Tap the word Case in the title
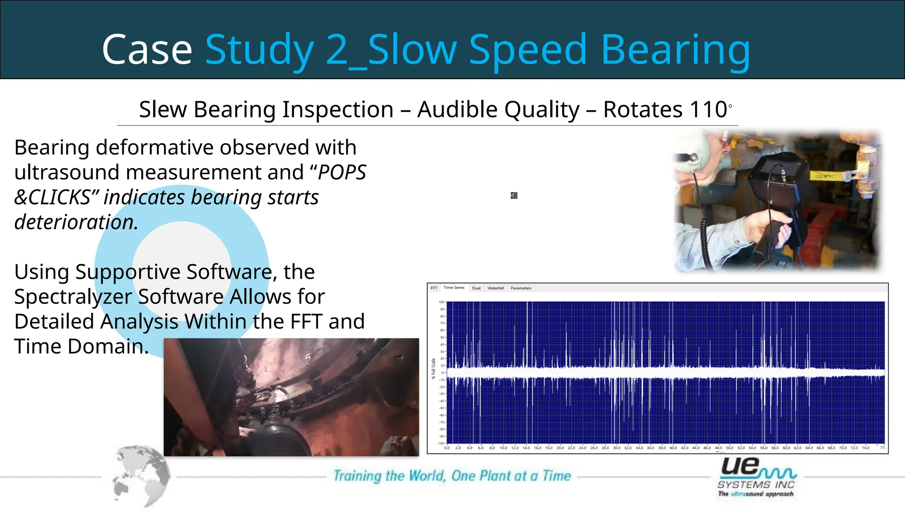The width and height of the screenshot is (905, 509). (x=147, y=49)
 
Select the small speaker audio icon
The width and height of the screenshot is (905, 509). (x=514, y=195)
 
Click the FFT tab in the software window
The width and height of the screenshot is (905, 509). (x=434, y=288)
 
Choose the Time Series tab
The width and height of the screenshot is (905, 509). (x=454, y=288)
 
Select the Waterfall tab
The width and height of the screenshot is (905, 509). (x=495, y=288)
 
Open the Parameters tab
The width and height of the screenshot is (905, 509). (x=521, y=288)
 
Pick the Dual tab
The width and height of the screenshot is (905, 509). (x=476, y=288)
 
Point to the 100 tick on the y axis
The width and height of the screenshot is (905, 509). (x=441, y=302)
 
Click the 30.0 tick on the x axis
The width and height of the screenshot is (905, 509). (x=616, y=448)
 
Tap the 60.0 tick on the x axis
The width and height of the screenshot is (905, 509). (x=787, y=448)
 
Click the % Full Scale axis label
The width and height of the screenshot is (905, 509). (x=433, y=368)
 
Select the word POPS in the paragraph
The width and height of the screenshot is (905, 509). (x=342, y=172)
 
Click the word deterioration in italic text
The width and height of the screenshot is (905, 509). (x=76, y=222)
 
